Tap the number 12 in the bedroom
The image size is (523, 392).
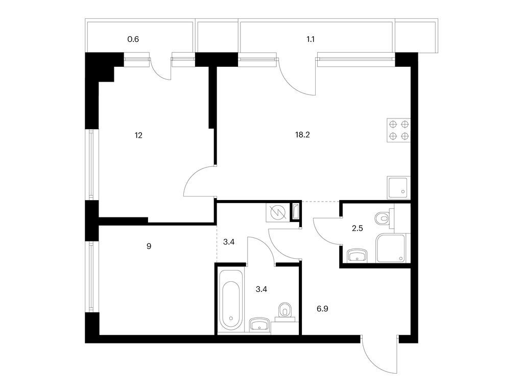138,136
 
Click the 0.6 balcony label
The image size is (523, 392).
133,39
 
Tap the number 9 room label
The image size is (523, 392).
149,246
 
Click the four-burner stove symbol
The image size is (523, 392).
398,129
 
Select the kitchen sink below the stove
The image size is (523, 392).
398,187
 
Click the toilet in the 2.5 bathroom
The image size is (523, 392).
383,218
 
